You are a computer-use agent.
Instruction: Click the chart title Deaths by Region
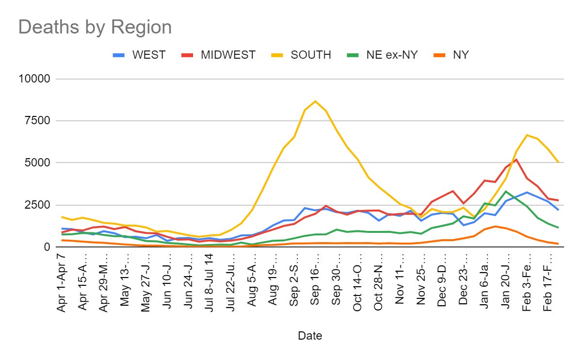point(95,27)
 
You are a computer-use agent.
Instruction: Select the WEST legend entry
point(148,55)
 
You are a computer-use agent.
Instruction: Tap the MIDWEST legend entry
point(228,55)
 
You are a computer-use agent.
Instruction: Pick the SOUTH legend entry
point(310,55)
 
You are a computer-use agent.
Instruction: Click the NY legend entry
point(460,55)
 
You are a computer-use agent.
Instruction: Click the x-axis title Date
point(310,335)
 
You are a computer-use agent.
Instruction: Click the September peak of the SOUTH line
point(315,101)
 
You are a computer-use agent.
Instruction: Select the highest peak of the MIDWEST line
point(516,159)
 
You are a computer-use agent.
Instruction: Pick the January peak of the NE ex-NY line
point(506,191)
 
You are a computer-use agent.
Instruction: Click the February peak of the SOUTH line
point(527,135)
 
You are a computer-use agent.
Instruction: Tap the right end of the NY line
point(558,244)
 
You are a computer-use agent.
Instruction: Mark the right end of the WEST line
point(558,210)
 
